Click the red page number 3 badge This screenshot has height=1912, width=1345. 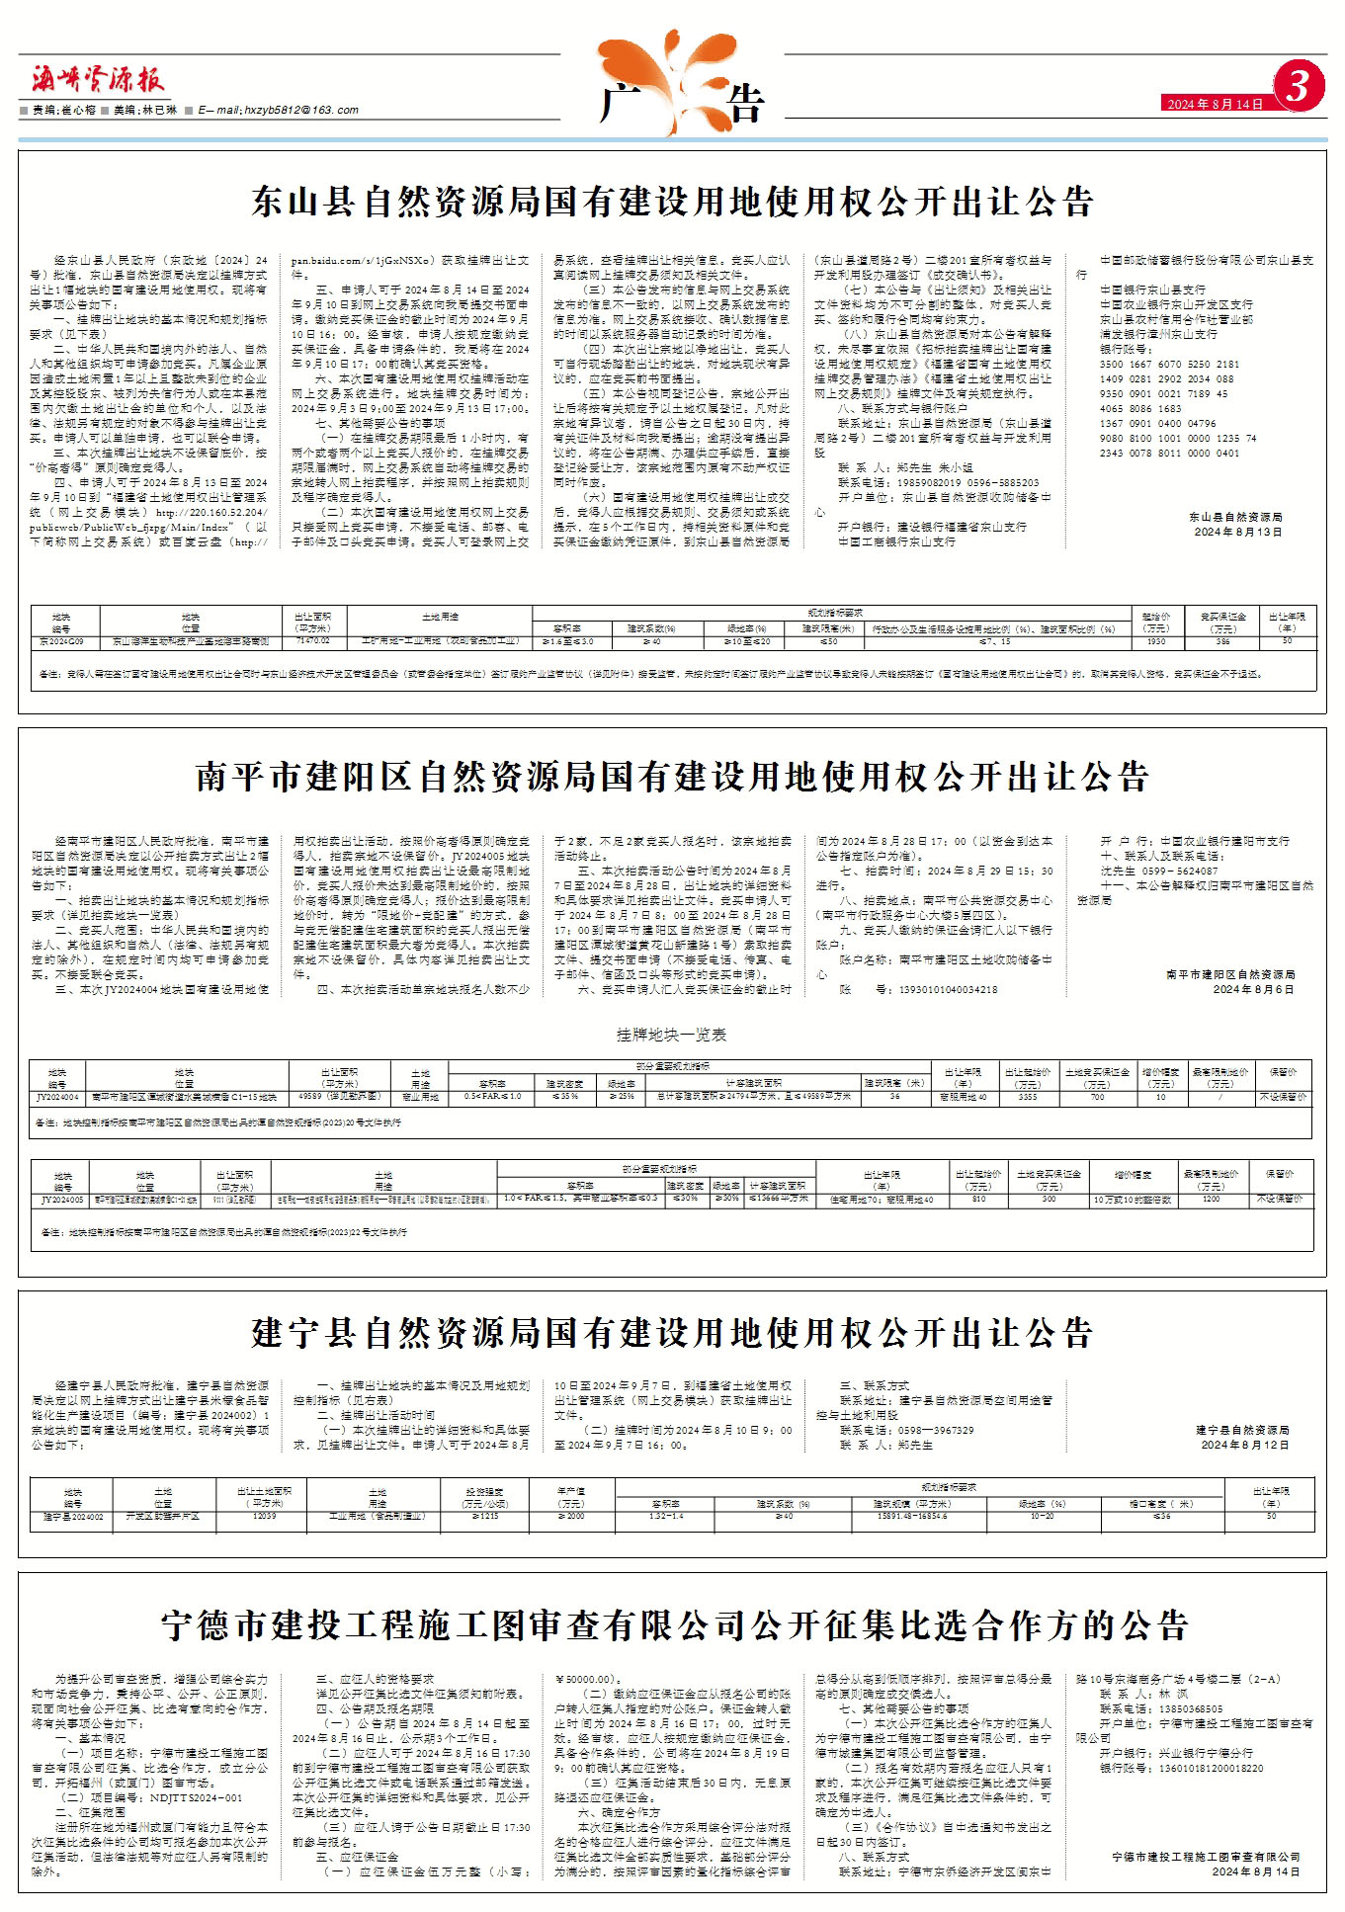(x=1297, y=87)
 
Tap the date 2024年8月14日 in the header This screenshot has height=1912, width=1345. (x=1215, y=104)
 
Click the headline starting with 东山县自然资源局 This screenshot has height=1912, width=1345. (x=672, y=203)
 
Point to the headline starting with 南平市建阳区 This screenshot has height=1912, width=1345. (x=672, y=777)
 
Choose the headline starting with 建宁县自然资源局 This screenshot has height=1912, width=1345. (x=672, y=1333)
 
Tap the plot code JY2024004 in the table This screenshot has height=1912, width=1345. (x=57, y=1097)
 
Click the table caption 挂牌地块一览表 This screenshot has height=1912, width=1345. (x=671, y=1035)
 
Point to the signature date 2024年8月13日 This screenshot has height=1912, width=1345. (x=1237, y=532)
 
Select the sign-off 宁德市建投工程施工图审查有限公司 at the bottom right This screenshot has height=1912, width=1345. (x=1205, y=1857)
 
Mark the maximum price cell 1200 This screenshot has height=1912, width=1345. (x=1212, y=1199)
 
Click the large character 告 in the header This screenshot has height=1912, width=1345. (x=746, y=104)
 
